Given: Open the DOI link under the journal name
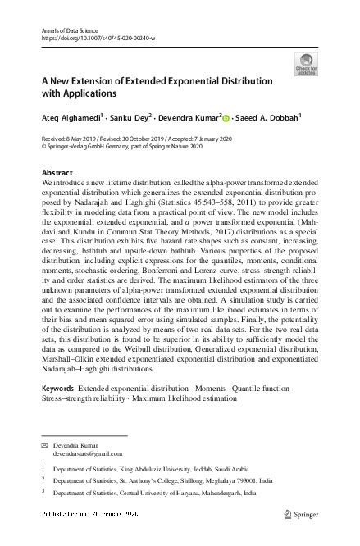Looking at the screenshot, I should click(x=92, y=38).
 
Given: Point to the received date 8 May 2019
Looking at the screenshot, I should click(x=77, y=139).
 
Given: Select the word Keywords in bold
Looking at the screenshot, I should click(x=58, y=384).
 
